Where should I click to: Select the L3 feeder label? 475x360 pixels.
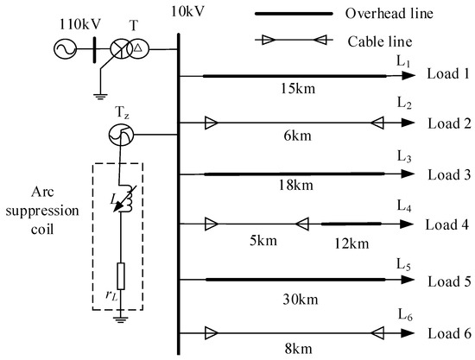403,157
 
